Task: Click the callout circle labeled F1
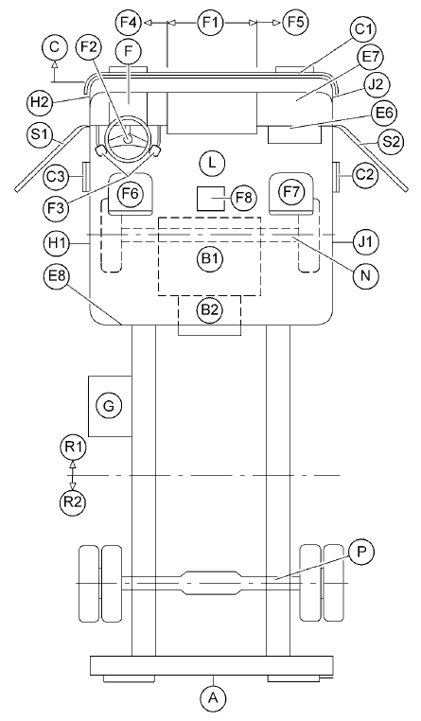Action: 210,22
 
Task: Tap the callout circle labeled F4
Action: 130,22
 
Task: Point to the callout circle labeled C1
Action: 362,30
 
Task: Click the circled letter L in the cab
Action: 211,164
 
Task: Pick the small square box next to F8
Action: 211,199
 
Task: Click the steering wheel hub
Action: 128,137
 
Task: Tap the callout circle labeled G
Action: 110,406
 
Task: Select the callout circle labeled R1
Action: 73,447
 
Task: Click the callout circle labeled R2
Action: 73,501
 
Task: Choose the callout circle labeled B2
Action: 210,310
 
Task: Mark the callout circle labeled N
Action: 365,274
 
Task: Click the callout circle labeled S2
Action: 390,142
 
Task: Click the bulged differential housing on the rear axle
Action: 211,583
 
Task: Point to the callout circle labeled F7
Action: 291,193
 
